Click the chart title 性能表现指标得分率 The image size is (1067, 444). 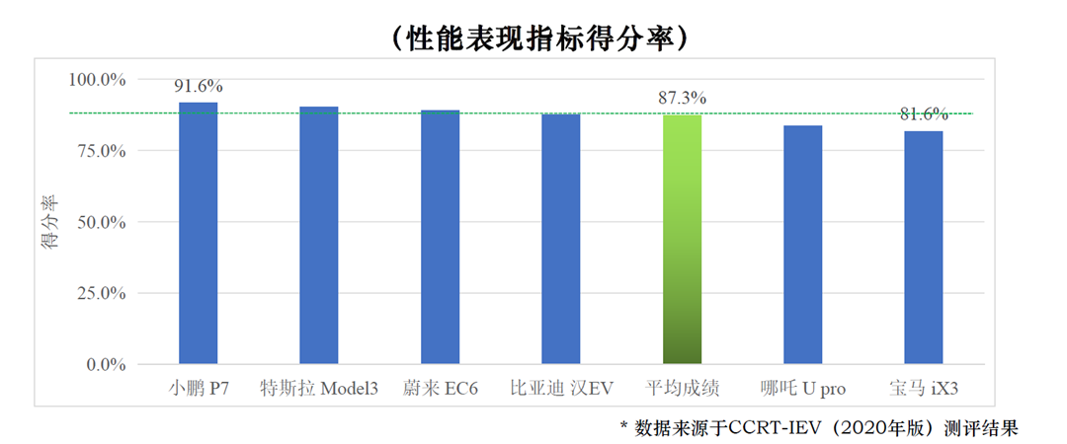click(x=533, y=37)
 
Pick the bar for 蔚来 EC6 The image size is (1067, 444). click(x=440, y=237)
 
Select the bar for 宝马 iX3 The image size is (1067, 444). click(x=924, y=248)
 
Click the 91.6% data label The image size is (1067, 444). click(x=198, y=86)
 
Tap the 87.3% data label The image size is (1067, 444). click(x=682, y=99)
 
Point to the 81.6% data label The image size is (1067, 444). click(x=924, y=114)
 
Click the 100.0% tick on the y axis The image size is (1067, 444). click(x=98, y=79)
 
